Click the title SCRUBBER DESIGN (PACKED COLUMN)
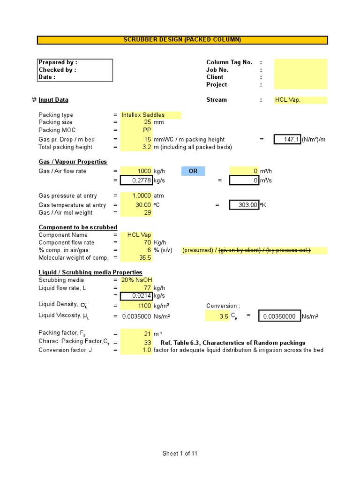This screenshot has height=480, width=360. pos(182,40)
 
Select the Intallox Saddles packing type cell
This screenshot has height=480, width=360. pos(150,115)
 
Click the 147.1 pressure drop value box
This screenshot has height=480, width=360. pos(287,139)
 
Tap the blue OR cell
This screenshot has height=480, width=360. pos(193,171)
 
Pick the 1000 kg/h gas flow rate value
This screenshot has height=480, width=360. pos(136,171)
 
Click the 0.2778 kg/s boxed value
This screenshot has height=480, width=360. pos(136,180)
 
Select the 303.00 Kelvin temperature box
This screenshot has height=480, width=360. pos(244,205)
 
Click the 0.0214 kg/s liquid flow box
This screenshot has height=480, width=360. pos(136,296)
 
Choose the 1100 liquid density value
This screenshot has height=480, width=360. pos(136,306)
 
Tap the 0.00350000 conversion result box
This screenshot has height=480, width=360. pos(279,316)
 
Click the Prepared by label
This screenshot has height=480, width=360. pos(58,62)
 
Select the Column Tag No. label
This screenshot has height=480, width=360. pos(229,62)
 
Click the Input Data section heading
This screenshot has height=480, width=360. pos(53,100)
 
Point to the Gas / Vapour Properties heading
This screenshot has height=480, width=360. pos(73,162)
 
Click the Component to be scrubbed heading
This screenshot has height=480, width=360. pos(78,227)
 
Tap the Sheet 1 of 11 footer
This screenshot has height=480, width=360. pos(180,453)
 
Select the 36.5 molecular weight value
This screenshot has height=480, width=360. pos(136,257)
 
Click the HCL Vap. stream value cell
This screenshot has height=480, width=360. pos(300,100)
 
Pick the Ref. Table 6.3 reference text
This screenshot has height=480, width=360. pos(232,343)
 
